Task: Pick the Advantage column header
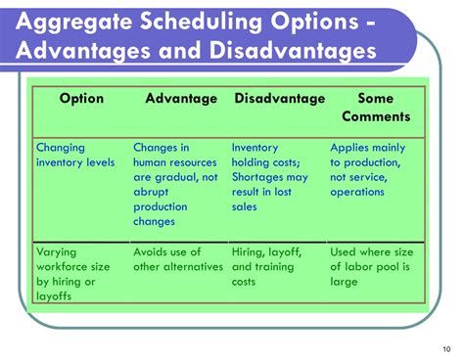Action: coord(180,99)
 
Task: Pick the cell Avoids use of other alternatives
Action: coord(172,258)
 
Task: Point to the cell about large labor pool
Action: coord(371,266)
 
